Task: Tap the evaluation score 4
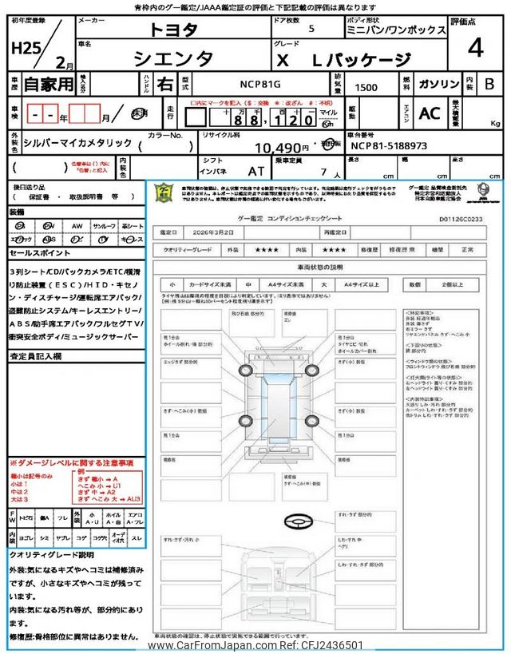pyautogui.click(x=476, y=49)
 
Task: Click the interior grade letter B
pyautogui.click(x=489, y=83)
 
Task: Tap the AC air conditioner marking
pyautogui.click(x=430, y=113)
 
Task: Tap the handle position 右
pyautogui.click(x=164, y=83)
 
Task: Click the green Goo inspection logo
pyautogui.click(x=163, y=197)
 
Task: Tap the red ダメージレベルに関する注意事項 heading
pyautogui.click(x=71, y=463)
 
